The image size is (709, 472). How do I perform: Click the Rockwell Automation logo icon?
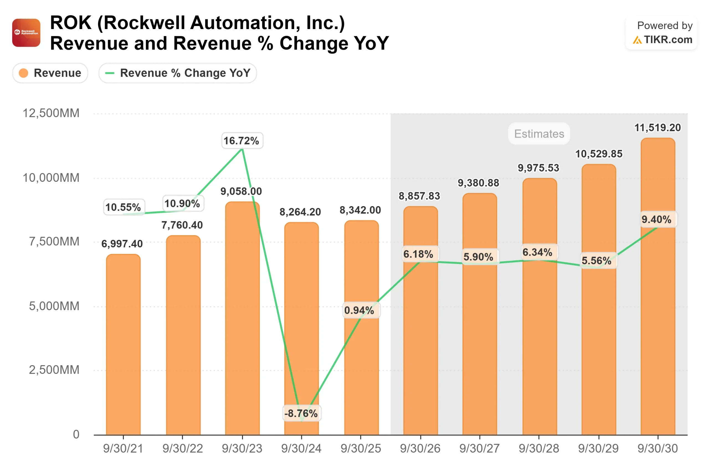point(26,33)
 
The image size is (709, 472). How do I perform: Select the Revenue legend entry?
point(50,73)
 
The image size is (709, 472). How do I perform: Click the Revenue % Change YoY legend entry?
point(178,73)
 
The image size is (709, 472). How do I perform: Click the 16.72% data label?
point(242,141)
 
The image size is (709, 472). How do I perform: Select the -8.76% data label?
point(302,413)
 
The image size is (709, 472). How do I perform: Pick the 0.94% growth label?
point(360,310)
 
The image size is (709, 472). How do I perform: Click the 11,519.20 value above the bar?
point(657,128)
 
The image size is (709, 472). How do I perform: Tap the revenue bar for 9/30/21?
point(123,346)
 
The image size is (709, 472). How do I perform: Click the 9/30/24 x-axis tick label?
point(301,448)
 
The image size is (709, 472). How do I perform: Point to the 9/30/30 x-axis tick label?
point(657,448)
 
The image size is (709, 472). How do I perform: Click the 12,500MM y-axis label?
point(51,113)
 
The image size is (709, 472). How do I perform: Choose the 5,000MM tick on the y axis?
point(54,306)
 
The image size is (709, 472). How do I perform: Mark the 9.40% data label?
point(656,219)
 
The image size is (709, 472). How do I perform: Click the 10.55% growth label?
point(123,207)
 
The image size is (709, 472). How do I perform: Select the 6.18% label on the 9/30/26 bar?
point(419,254)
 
